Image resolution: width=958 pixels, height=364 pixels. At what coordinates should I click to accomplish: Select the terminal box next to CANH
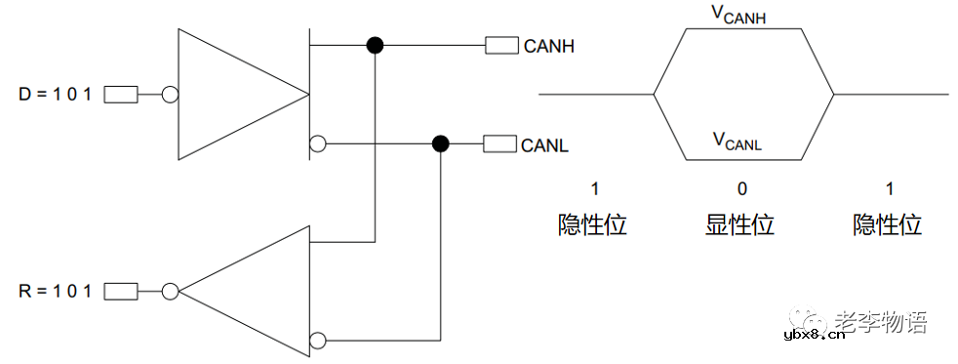pyautogui.click(x=501, y=45)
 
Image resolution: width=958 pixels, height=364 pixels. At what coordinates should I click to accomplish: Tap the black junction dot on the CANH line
pyautogui.click(x=374, y=45)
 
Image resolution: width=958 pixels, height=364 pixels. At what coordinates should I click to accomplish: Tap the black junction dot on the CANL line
pyautogui.click(x=441, y=145)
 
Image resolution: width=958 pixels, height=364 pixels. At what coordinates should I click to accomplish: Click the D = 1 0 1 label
pyautogui.click(x=56, y=95)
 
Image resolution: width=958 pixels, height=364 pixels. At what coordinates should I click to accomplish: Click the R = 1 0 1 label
pyautogui.click(x=56, y=291)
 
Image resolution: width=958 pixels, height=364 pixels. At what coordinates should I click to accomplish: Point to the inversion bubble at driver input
pyautogui.click(x=170, y=95)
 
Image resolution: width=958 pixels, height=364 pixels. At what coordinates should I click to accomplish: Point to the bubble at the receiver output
pyautogui.click(x=171, y=291)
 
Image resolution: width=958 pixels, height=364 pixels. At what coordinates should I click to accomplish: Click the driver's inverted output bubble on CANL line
pyautogui.click(x=317, y=145)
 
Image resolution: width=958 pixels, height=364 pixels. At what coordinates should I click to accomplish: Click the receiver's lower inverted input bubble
pyautogui.click(x=317, y=341)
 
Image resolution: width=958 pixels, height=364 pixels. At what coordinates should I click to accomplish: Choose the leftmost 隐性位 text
pyautogui.click(x=592, y=224)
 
